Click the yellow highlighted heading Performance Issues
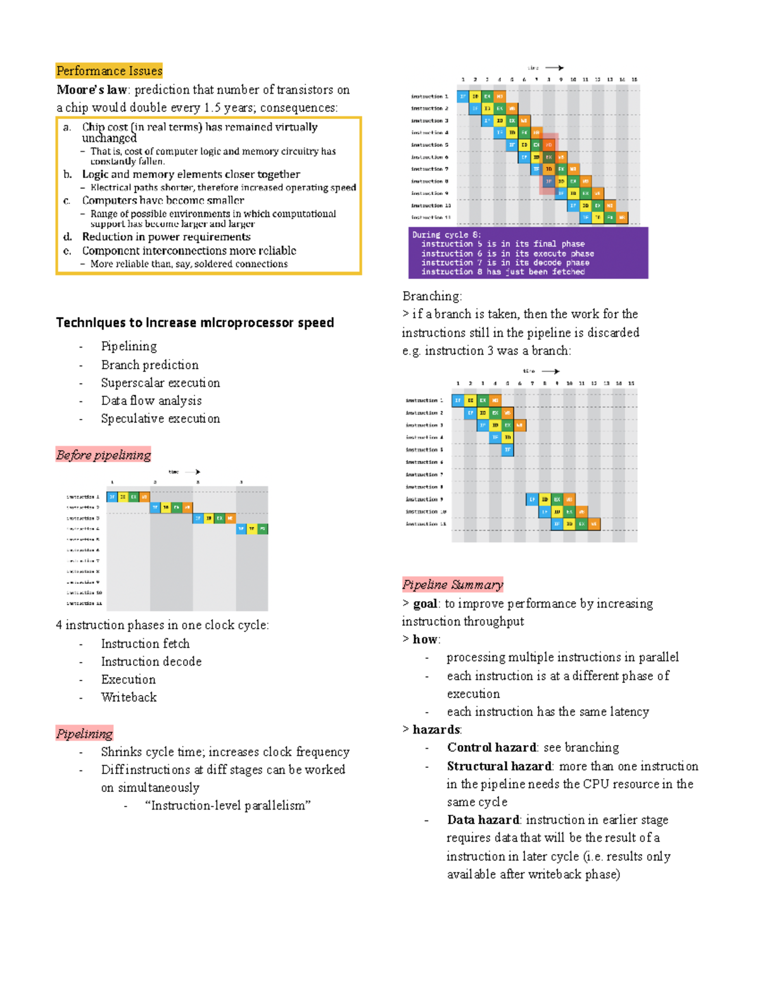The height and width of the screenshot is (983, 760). [109, 71]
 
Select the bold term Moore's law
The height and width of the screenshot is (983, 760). [92, 90]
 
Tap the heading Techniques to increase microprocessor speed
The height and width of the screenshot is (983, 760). [194, 323]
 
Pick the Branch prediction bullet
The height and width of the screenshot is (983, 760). [149, 365]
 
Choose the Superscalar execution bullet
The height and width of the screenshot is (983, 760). [160, 383]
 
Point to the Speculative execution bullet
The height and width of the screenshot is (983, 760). [160, 419]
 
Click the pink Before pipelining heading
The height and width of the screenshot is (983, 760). [103, 455]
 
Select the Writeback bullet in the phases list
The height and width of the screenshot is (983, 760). [129, 698]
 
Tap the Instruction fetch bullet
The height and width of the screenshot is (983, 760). [145, 644]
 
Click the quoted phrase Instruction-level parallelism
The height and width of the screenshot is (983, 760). [227, 806]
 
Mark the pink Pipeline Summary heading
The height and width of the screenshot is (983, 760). [452, 585]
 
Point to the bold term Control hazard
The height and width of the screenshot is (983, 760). [491, 748]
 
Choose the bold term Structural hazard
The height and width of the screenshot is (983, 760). [499, 767]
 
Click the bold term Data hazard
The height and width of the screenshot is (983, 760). [483, 820]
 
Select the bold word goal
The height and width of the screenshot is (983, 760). [426, 604]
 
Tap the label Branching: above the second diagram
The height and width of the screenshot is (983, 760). [432, 296]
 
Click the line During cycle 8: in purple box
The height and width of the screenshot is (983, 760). [446, 235]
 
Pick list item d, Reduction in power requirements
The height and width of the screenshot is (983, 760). [166, 237]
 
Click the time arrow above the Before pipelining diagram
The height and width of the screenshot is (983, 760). [193, 472]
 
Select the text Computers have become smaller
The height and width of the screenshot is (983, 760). [163, 201]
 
